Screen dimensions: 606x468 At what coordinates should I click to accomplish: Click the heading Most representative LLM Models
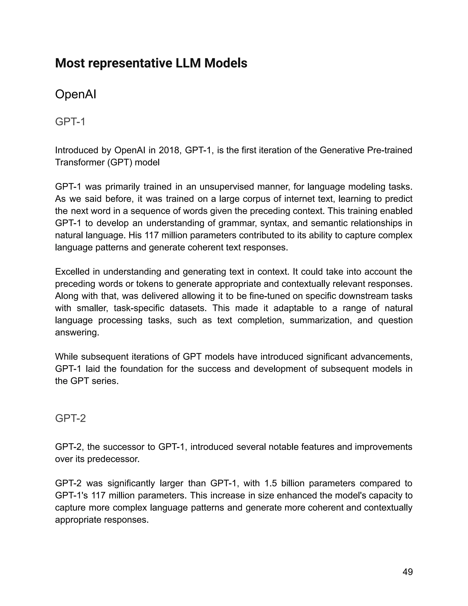point(151,63)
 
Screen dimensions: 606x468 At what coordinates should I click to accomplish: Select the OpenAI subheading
point(75,95)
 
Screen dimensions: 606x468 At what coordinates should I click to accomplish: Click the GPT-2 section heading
point(70,418)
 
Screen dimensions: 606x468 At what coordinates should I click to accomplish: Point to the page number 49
point(407,572)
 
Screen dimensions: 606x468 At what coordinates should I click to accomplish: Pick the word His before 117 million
point(135,235)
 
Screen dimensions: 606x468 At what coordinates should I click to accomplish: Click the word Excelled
point(72,272)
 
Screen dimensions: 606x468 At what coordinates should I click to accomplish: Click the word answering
point(77,332)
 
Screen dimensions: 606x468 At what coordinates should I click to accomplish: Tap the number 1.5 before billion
point(271,483)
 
